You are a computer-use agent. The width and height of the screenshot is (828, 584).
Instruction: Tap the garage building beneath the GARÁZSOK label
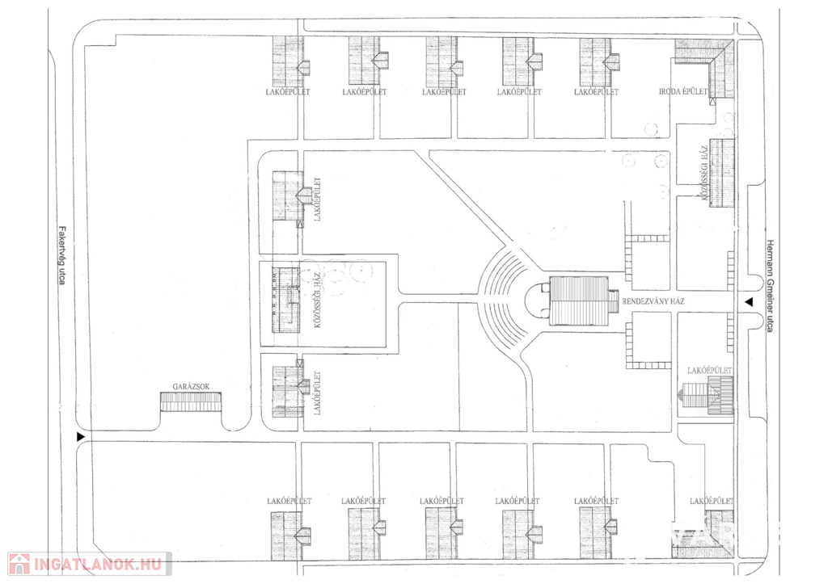[x=191, y=401]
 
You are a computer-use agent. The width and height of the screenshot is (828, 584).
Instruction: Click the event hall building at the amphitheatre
[x=577, y=300]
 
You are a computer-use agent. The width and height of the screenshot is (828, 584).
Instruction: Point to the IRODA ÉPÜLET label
[x=683, y=92]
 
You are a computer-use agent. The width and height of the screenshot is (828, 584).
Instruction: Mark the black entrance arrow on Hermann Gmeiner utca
[x=749, y=303]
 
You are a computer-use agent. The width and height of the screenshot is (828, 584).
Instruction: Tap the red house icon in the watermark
[x=19, y=563]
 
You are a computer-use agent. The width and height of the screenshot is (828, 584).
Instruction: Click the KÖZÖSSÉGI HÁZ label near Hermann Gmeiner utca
[x=704, y=171]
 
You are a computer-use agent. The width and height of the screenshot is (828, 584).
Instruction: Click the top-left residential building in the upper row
[x=288, y=61]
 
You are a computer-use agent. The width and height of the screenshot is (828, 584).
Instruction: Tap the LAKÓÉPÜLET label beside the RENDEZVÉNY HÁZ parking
[x=710, y=371]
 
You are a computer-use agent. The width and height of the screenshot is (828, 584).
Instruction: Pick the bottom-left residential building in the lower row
[x=288, y=534]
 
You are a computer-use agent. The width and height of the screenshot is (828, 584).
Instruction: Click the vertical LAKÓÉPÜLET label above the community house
[x=318, y=199]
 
